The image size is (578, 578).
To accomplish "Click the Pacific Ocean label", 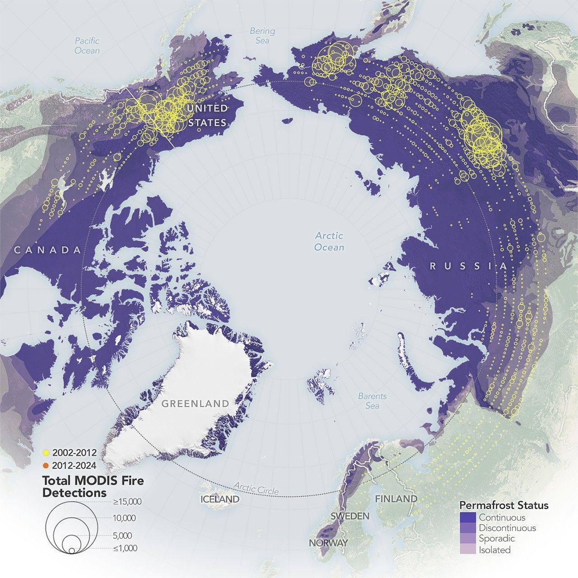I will (87, 46).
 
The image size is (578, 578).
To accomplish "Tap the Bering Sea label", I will (262, 36).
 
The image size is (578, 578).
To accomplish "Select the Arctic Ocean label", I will (329, 242).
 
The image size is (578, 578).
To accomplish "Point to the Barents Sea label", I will (373, 401).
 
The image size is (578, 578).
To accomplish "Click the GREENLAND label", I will (196, 404).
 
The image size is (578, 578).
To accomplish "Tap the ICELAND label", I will (220, 499).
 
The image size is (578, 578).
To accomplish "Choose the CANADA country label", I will (48, 250).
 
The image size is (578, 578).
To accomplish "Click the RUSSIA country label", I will (469, 266).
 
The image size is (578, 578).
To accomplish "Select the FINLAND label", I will (396, 499).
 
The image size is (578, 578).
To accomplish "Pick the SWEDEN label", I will (350, 516).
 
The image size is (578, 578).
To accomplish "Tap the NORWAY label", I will (328, 543).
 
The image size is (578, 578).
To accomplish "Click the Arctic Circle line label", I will (256, 488).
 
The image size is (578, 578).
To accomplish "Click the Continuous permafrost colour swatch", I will (468, 517).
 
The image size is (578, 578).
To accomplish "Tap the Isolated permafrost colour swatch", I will (468, 550).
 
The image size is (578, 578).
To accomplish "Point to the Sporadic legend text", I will (497, 539).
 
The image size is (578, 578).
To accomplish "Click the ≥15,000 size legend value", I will (127, 502).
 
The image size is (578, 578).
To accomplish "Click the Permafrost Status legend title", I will (503, 505).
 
